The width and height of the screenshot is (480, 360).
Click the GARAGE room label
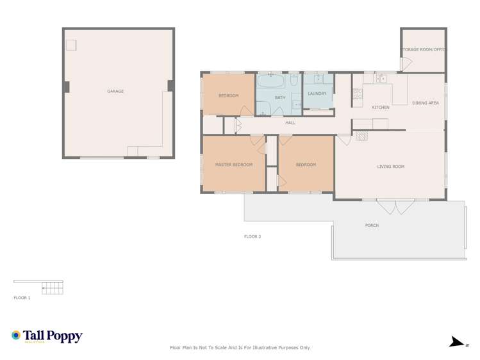click(115, 92)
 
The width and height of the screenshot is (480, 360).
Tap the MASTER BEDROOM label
click(233, 165)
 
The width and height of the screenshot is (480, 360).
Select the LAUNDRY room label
click(317, 94)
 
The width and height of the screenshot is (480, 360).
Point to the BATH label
click(280, 97)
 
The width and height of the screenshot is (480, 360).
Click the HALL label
click(290, 122)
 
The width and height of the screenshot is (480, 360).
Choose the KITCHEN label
click(381, 107)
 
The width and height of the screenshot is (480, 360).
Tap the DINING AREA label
click(426, 102)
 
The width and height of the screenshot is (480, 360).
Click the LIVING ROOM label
click(390, 167)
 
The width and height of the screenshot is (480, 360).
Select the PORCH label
click(371, 225)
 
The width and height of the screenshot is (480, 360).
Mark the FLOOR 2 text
click(252, 236)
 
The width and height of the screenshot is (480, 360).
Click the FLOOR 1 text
click(22, 298)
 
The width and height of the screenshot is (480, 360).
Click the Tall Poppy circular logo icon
click(16, 335)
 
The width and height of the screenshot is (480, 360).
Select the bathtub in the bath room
click(271, 82)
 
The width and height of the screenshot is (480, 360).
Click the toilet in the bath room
click(294, 81)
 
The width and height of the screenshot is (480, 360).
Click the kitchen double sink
click(381, 79)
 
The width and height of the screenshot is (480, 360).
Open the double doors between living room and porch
click(396, 206)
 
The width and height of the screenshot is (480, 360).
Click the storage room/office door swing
click(406, 65)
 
